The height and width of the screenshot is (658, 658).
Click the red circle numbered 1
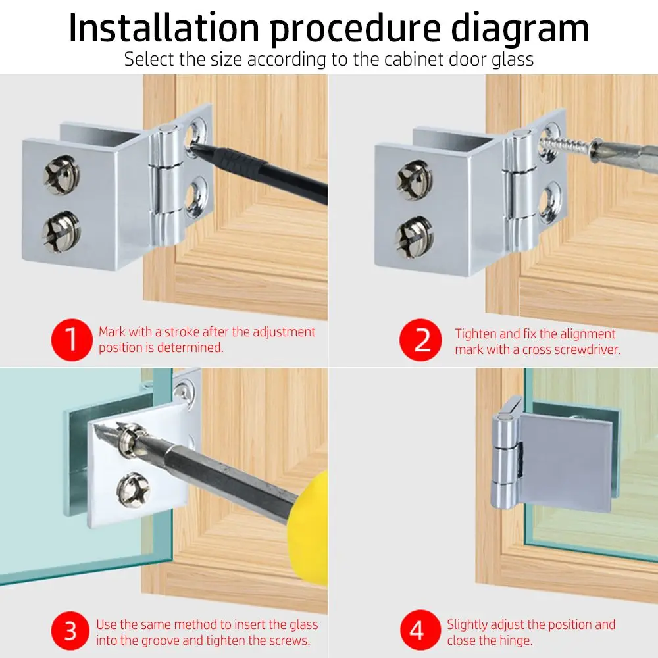point(72,340)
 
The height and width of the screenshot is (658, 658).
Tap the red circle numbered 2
point(420,340)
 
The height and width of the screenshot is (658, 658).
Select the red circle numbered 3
point(70,631)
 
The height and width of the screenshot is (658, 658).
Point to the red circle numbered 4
point(417,630)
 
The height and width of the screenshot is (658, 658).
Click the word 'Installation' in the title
point(164,28)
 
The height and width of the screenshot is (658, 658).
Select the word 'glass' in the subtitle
point(513,60)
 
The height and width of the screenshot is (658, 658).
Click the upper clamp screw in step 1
point(62,174)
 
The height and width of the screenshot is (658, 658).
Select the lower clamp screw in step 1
point(61,232)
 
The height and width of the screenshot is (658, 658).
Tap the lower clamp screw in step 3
point(134,490)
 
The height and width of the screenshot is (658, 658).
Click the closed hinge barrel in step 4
point(505,460)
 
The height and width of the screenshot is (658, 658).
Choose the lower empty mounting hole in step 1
point(196,196)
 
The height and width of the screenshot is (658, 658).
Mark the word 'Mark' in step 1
point(112,332)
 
